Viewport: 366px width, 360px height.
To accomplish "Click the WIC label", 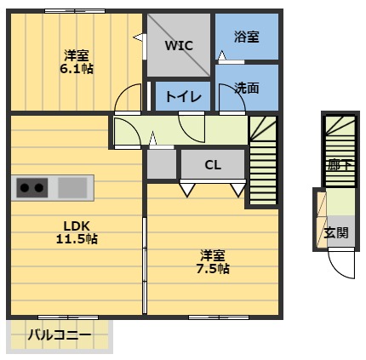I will point(179,45).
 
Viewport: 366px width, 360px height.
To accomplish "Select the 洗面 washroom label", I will point(247,87).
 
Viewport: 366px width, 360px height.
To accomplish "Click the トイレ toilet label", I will point(183,97).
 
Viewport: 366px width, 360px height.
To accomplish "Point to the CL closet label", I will point(213,165).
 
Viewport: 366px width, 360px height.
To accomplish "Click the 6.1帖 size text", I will point(77,69).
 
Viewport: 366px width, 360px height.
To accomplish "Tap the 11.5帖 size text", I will point(77,239).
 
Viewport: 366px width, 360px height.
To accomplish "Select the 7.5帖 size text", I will point(213,269).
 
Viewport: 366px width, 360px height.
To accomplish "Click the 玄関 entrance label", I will point(335,232).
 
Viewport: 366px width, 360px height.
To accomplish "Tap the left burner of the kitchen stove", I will point(25,186).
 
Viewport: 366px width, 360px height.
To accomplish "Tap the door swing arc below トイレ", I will point(192,128).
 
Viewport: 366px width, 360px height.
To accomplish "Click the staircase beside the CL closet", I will point(262,162).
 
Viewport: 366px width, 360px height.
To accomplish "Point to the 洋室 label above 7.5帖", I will point(213,254).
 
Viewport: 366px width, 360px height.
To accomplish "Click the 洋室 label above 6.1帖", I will point(77,55).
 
